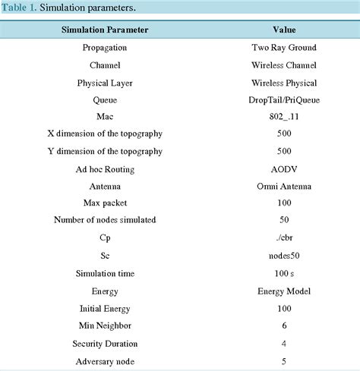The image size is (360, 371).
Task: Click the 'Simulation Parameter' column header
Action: click(x=104, y=30)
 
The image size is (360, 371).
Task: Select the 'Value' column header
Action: click(x=284, y=30)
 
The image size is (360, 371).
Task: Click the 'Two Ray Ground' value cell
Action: click(x=284, y=47)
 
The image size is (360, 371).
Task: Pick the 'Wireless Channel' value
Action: click(x=284, y=64)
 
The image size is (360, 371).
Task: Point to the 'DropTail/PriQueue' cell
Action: click(x=284, y=99)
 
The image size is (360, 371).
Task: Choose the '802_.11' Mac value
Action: click(x=284, y=117)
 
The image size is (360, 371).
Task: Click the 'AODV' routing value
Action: click(x=284, y=168)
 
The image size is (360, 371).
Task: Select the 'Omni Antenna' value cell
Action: click(x=284, y=186)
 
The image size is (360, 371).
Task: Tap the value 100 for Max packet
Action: click(x=284, y=203)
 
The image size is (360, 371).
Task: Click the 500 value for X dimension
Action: click(x=284, y=134)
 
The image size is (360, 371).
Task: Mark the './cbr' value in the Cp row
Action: click(x=284, y=238)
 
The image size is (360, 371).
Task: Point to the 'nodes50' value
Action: click(x=284, y=256)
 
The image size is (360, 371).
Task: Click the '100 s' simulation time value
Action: click(x=284, y=273)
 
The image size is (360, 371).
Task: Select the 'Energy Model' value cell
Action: click(x=284, y=291)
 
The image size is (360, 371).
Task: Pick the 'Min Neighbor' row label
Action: click(x=104, y=325)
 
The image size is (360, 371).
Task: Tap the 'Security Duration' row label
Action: click(x=104, y=343)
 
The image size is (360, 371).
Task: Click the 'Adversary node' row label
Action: click(x=104, y=360)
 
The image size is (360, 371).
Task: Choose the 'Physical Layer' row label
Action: click(x=104, y=82)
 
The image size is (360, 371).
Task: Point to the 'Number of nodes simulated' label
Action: click(x=104, y=221)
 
